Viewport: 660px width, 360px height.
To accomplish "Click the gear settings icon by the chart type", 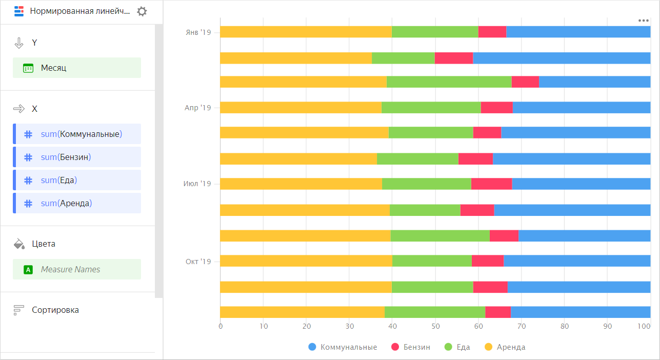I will (x=142, y=12).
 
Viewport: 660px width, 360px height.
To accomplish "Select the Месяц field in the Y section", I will (x=77, y=68).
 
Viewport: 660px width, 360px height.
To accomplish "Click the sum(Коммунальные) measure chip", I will (x=77, y=134).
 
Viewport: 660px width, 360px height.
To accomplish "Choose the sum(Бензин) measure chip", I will (x=77, y=157).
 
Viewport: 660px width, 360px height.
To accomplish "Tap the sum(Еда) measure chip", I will (x=77, y=180).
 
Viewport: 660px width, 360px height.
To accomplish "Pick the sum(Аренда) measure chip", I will (x=77, y=203).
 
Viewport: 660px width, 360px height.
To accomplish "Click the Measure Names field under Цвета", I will (x=77, y=269).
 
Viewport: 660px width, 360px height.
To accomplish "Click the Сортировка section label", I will (x=55, y=310).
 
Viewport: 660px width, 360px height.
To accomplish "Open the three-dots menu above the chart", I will (x=644, y=21).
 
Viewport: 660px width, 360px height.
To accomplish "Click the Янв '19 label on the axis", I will (x=198, y=32).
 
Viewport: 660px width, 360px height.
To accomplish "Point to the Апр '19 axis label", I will (x=198, y=108).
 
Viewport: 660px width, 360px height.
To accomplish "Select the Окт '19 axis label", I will (x=198, y=262).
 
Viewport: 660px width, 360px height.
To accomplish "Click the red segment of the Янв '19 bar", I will (x=492, y=32).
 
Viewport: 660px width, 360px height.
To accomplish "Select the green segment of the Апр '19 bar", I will (x=431, y=108).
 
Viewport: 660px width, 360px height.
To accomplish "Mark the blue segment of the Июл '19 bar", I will (x=581, y=184).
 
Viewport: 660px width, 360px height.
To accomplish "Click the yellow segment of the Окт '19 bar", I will (x=306, y=261).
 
